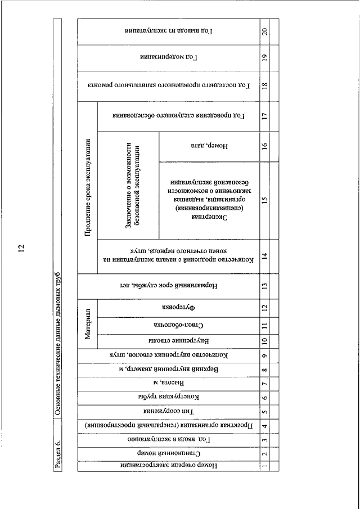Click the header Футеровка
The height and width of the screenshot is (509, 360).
click(x=178, y=308)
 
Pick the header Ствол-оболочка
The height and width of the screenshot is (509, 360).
click(x=178, y=326)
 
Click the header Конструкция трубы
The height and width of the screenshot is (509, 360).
click(x=168, y=398)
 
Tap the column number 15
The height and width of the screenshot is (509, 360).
click(x=264, y=200)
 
